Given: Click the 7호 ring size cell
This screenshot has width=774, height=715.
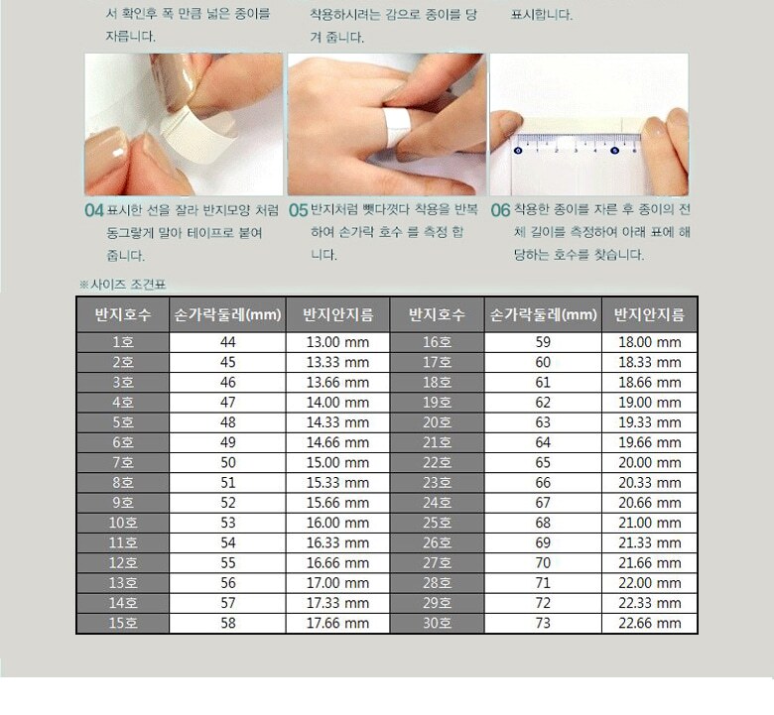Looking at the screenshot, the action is (x=122, y=463).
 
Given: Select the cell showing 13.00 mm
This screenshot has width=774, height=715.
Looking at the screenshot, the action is (x=337, y=342).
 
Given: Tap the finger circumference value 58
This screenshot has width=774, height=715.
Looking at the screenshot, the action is (x=227, y=623).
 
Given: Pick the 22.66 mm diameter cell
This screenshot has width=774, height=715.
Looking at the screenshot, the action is (x=650, y=623).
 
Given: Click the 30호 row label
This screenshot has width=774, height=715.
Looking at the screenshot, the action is (x=437, y=623).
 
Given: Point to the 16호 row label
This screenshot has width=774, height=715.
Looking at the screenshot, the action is (x=437, y=342).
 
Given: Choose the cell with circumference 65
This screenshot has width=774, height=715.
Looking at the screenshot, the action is (x=543, y=463).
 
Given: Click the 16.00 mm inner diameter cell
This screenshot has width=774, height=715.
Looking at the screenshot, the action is (x=337, y=523).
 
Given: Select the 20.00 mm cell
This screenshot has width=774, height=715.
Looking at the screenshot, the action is (x=650, y=463).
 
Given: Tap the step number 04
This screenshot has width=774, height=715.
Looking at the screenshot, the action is (x=94, y=210).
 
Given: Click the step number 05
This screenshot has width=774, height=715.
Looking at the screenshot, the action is (x=298, y=210).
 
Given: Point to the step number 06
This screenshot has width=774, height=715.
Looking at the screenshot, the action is (x=500, y=210).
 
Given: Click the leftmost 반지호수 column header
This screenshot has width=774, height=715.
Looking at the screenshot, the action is (x=122, y=314).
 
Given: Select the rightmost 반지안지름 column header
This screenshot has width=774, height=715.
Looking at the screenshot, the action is (x=650, y=314).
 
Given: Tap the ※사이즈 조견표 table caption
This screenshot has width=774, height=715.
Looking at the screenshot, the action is (x=122, y=285).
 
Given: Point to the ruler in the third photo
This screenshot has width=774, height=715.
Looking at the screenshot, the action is (x=578, y=143).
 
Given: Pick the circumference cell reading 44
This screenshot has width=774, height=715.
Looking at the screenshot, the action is (x=227, y=342).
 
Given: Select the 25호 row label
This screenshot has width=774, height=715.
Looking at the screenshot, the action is (x=437, y=523).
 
